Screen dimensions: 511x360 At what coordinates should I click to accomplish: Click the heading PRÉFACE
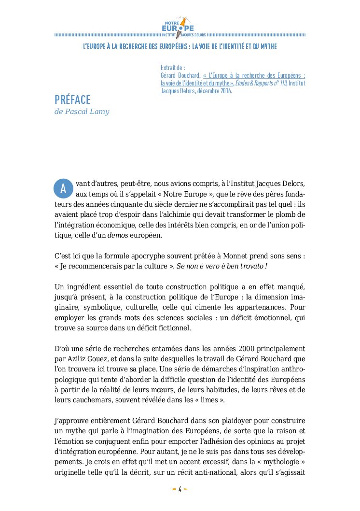72,100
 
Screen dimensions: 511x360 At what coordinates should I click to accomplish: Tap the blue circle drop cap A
63,189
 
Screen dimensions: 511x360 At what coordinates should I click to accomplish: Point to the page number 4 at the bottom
180,489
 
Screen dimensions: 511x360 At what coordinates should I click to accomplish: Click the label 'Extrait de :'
173,68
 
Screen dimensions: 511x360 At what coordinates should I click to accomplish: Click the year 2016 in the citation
225,90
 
